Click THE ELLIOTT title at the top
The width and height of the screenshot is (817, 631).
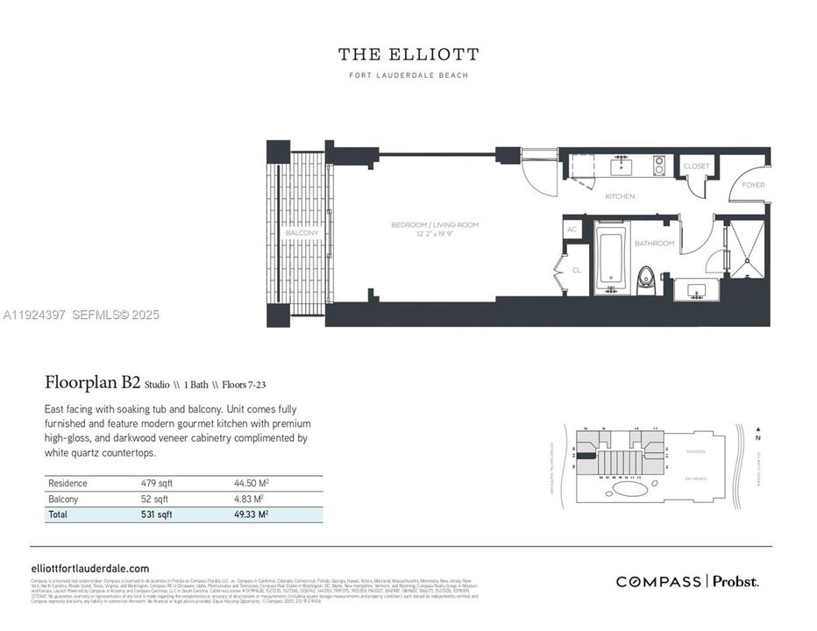(x=408, y=54)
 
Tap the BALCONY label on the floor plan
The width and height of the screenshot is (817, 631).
(x=302, y=233)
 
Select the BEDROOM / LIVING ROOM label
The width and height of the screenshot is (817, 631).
(x=435, y=225)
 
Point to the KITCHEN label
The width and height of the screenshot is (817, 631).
(x=620, y=196)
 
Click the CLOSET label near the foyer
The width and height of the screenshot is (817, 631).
(x=697, y=166)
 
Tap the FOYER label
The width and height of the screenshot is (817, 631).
(x=753, y=185)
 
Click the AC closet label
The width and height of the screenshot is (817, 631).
(x=572, y=230)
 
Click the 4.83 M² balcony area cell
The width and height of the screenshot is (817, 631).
(x=250, y=499)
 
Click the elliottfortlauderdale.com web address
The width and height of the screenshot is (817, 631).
(x=90, y=568)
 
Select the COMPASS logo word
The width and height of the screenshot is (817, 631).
(x=657, y=581)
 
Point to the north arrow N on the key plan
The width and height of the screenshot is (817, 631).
(x=757, y=436)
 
